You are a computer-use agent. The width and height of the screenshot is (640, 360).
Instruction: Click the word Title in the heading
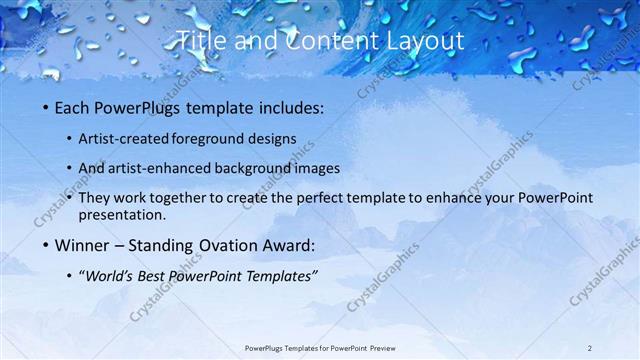pyautogui.click(x=200, y=41)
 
